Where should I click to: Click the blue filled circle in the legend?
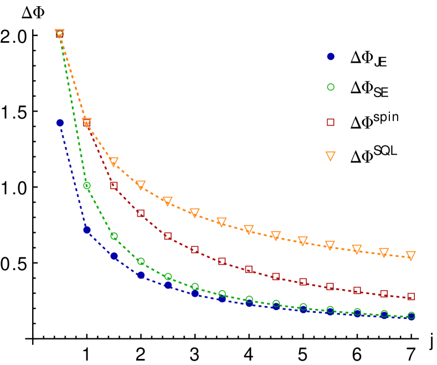(331, 57)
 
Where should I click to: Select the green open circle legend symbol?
(331, 87)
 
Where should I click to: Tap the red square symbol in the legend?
(331, 122)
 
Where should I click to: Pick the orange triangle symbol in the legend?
(331, 156)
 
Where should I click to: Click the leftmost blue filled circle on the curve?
(60, 123)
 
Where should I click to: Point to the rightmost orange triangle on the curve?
(410, 255)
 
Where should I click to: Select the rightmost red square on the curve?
(411, 296)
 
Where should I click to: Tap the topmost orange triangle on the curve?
(60, 33)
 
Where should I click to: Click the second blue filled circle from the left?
(87, 230)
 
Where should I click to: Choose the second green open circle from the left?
(87, 185)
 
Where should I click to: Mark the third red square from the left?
(114, 185)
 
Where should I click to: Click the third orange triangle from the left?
(114, 161)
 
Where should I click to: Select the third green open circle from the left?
(114, 236)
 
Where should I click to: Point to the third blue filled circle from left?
(114, 256)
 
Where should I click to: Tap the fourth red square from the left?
(141, 213)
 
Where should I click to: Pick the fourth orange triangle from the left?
(141, 185)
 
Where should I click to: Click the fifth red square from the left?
(168, 236)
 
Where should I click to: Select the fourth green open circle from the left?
(141, 261)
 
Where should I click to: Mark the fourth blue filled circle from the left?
(141, 275)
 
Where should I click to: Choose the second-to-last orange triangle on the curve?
(384, 252)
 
